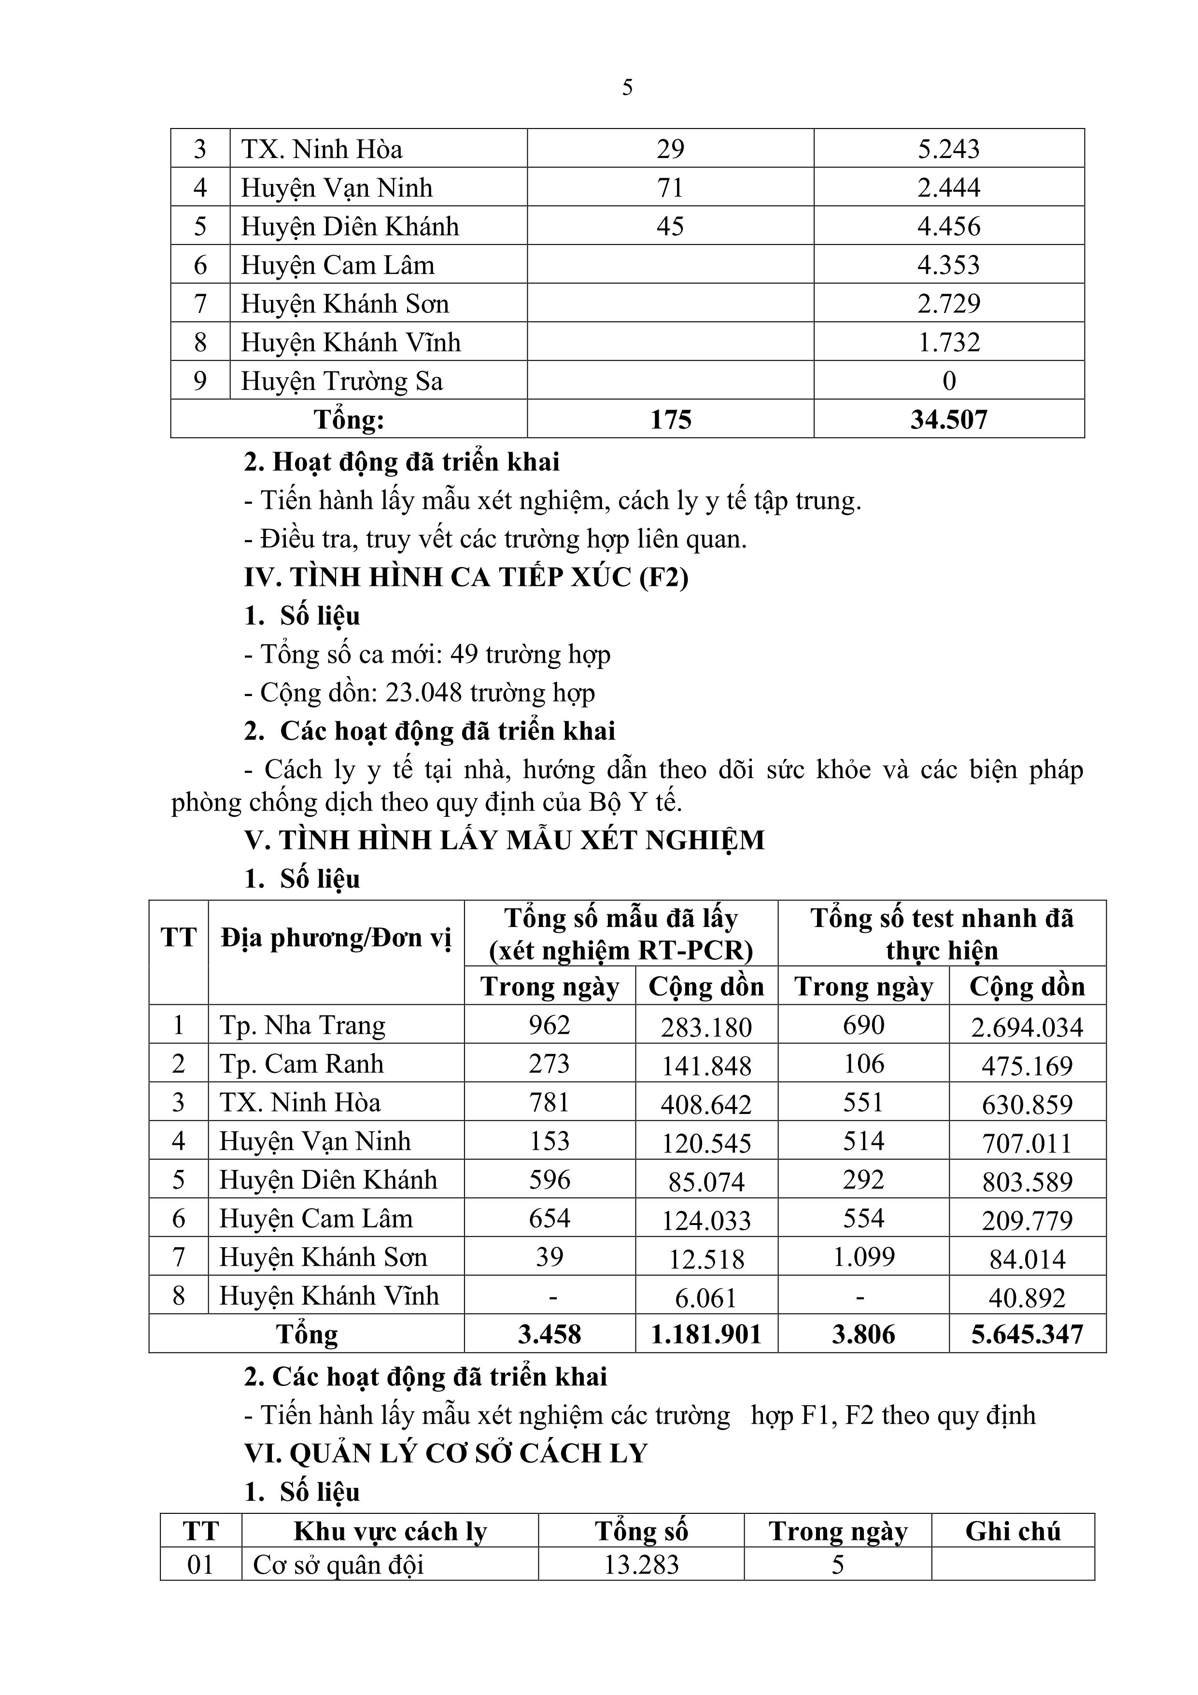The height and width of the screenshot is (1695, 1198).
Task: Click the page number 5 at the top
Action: click(627, 88)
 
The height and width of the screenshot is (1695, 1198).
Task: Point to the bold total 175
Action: click(670, 419)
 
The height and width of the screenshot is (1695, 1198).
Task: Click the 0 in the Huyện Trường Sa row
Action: click(949, 381)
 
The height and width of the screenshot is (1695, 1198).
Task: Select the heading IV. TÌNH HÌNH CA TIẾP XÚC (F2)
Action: click(466, 577)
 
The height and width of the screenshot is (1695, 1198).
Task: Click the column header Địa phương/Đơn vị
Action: click(336, 938)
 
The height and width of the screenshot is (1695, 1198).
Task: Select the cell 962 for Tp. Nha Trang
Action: click(549, 1026)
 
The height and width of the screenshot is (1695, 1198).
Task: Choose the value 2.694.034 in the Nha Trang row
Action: click(1027, 1027)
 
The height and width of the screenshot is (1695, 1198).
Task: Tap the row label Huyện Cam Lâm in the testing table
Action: click(316, 1218)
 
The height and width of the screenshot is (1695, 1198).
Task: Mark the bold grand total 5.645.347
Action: click(1027, 1334)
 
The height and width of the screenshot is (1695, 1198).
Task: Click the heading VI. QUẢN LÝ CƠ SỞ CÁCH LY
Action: click(445, 1453)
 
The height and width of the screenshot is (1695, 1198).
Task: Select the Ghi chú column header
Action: click(1012, 1531)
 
